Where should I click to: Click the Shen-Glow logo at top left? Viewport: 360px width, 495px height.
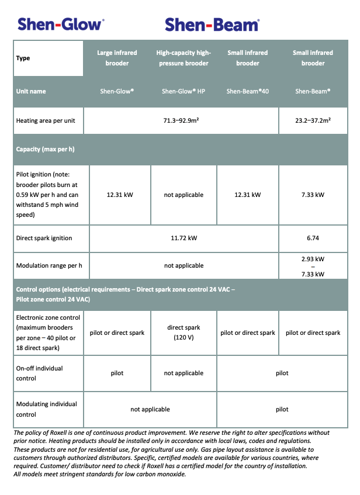61,24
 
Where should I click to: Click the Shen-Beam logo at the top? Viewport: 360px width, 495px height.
212,25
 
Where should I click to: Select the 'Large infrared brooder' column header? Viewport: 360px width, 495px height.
117,58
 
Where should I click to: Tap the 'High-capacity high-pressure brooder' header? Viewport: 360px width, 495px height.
184,58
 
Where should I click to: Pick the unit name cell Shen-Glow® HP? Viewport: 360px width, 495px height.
184,91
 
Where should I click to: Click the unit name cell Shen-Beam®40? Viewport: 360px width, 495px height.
248,91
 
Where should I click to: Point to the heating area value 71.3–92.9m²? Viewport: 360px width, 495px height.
184,121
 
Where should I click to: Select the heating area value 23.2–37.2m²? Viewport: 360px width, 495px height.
313,121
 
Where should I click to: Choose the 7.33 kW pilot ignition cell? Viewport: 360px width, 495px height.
313,195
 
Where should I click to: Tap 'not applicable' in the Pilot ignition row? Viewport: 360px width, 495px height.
184,195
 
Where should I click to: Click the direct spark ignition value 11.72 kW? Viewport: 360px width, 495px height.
184,238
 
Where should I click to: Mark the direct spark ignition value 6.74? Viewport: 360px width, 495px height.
313,238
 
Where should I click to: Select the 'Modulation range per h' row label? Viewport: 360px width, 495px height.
49,265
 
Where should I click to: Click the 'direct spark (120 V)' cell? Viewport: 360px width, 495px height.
184,333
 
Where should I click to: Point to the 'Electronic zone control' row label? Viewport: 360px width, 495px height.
49,333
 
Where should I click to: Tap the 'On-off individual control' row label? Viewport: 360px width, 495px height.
40,373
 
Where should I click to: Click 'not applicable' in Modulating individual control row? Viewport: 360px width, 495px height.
150,409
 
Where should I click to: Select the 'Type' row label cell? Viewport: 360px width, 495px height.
23,58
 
